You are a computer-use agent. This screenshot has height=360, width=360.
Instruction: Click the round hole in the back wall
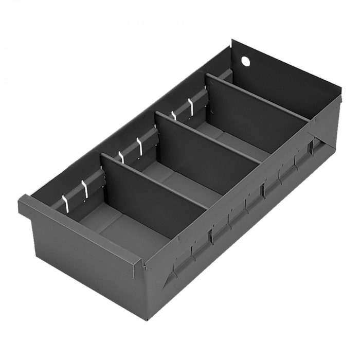pyautogui.click(x=245, y=61)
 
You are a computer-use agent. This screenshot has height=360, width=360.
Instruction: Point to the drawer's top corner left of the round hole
pyautogui.click(x=232, y=41)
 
